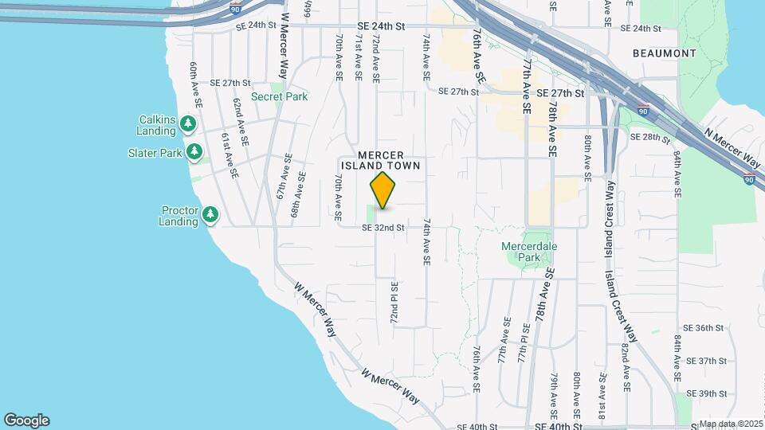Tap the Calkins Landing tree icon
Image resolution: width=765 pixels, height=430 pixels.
coord(188,123)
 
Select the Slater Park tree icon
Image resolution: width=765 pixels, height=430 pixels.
coord(194,151)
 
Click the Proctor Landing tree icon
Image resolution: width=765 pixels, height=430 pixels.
coord(210,214)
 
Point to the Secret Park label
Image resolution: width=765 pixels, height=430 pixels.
coord(279,96)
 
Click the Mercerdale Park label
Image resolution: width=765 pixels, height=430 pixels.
coord(529,252)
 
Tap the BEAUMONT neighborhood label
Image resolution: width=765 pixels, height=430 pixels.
coord(664,53)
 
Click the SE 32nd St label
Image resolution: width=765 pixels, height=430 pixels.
coord(383,228)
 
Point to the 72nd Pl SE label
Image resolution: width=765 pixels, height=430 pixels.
coord(394,302)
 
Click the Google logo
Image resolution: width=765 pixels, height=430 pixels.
coord(26,420)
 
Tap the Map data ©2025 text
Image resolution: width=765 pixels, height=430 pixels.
coord(732,424)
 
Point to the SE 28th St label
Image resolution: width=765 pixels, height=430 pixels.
coord(650,137)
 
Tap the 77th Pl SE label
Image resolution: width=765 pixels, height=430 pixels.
coord(524,343)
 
